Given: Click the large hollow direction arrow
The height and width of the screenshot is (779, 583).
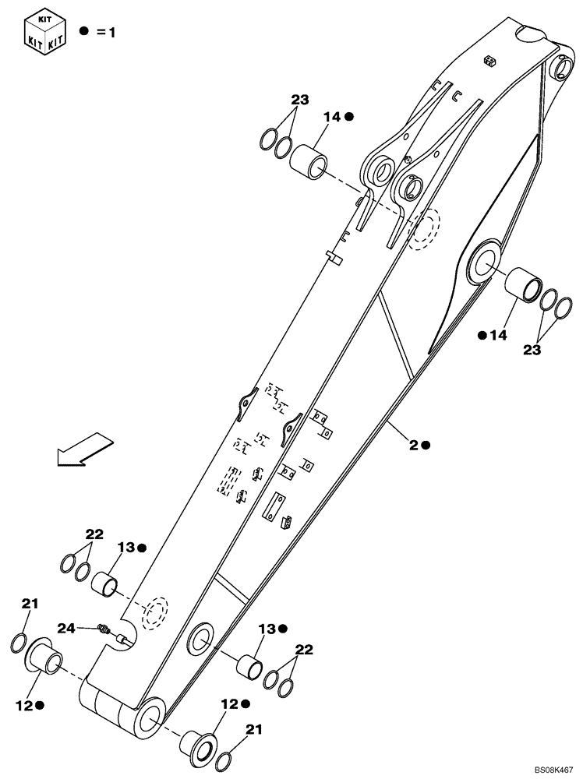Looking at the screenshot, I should pyautogui.click(x=84, y=450).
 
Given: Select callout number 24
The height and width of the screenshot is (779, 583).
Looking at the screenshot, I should pyautogui.click(x=65, y=627).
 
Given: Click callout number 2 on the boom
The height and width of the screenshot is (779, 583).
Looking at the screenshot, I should pyautogui.click(x=413, y=444).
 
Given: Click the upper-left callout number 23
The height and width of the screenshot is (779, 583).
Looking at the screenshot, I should pyautogui.click(x=300, y=100).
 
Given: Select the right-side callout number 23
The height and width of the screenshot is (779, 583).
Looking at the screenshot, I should pyautogui.click(x=532, y=351).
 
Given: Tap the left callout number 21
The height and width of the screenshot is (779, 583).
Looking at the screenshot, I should pyautogui.click(x=30, y=603).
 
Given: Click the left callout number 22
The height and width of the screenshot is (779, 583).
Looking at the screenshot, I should pyautogui.click(x=94, y=534).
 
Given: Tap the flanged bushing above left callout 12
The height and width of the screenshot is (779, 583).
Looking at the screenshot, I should pyautogui.click(x=46, y=656).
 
